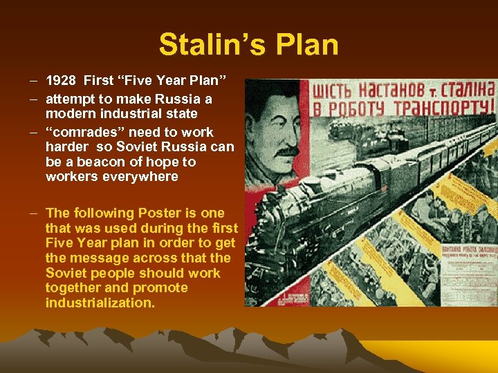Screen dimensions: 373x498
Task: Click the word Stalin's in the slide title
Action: click(207, 45)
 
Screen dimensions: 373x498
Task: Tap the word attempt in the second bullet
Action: click(72, 99)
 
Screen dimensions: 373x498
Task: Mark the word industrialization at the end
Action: click(100, 303)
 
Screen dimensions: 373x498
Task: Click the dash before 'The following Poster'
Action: click(35, 213)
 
